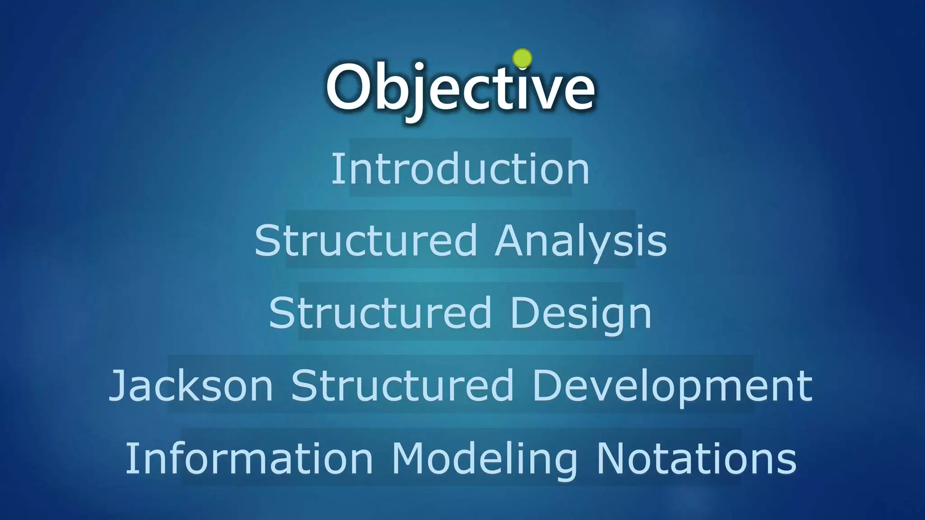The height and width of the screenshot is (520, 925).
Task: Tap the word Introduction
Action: pyautogui.click(x=460, y=168)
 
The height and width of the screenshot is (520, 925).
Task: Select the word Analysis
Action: pyautogui.click(x=581, y=241)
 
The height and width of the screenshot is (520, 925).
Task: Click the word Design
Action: pyautogui.click(x=581, y=313)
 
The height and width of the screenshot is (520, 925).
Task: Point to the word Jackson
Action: pyautogui.click(x=191, y=386)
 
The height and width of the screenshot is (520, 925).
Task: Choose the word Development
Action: pyautogui.click(x=672, y=386)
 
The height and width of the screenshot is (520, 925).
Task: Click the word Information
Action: pyautogui.click(x=249, y=458)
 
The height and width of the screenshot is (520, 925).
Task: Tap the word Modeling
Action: pyautogui.click(x=484, y=458)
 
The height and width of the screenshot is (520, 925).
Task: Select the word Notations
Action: pyautogui.click(x=696, y=458)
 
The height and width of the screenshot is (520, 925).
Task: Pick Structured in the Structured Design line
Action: pyautogui.click(x=380, y=313)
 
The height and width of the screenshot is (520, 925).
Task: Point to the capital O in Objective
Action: pyautogui.click(x=347, y=87)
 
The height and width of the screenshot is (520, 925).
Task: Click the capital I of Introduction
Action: pyautogui.click(x=336, y=168)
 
